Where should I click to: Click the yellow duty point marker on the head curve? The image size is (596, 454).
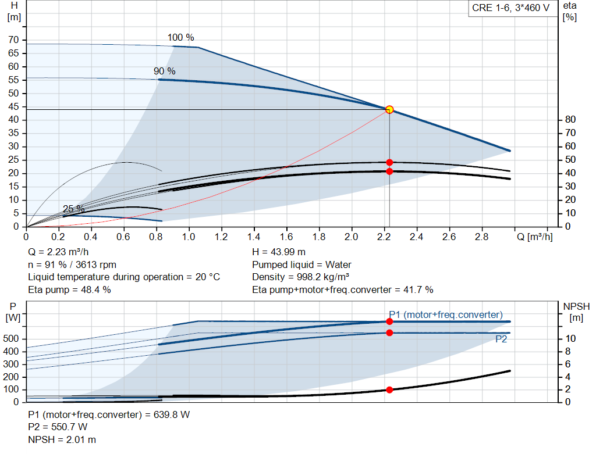(389, 109)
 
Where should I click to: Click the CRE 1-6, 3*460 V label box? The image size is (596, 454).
(510, 9)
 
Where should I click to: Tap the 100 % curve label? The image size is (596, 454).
(180, 38)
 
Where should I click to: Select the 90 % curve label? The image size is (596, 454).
(164, 71)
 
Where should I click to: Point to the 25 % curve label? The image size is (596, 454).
(73, 209)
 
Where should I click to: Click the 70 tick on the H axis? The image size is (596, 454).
(13, 40)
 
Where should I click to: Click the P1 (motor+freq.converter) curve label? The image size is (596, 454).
(445, 314)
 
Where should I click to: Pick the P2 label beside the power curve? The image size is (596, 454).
(501, 339)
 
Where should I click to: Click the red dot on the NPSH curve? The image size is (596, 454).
(389, 389)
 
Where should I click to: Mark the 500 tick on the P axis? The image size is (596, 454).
(12, 339)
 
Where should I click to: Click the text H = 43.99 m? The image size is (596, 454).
(278, 252)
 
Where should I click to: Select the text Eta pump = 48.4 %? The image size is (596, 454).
(69, 289)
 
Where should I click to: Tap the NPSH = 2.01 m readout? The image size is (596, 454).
(62, 439)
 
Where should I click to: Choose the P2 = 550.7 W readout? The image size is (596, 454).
(58, 427)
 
